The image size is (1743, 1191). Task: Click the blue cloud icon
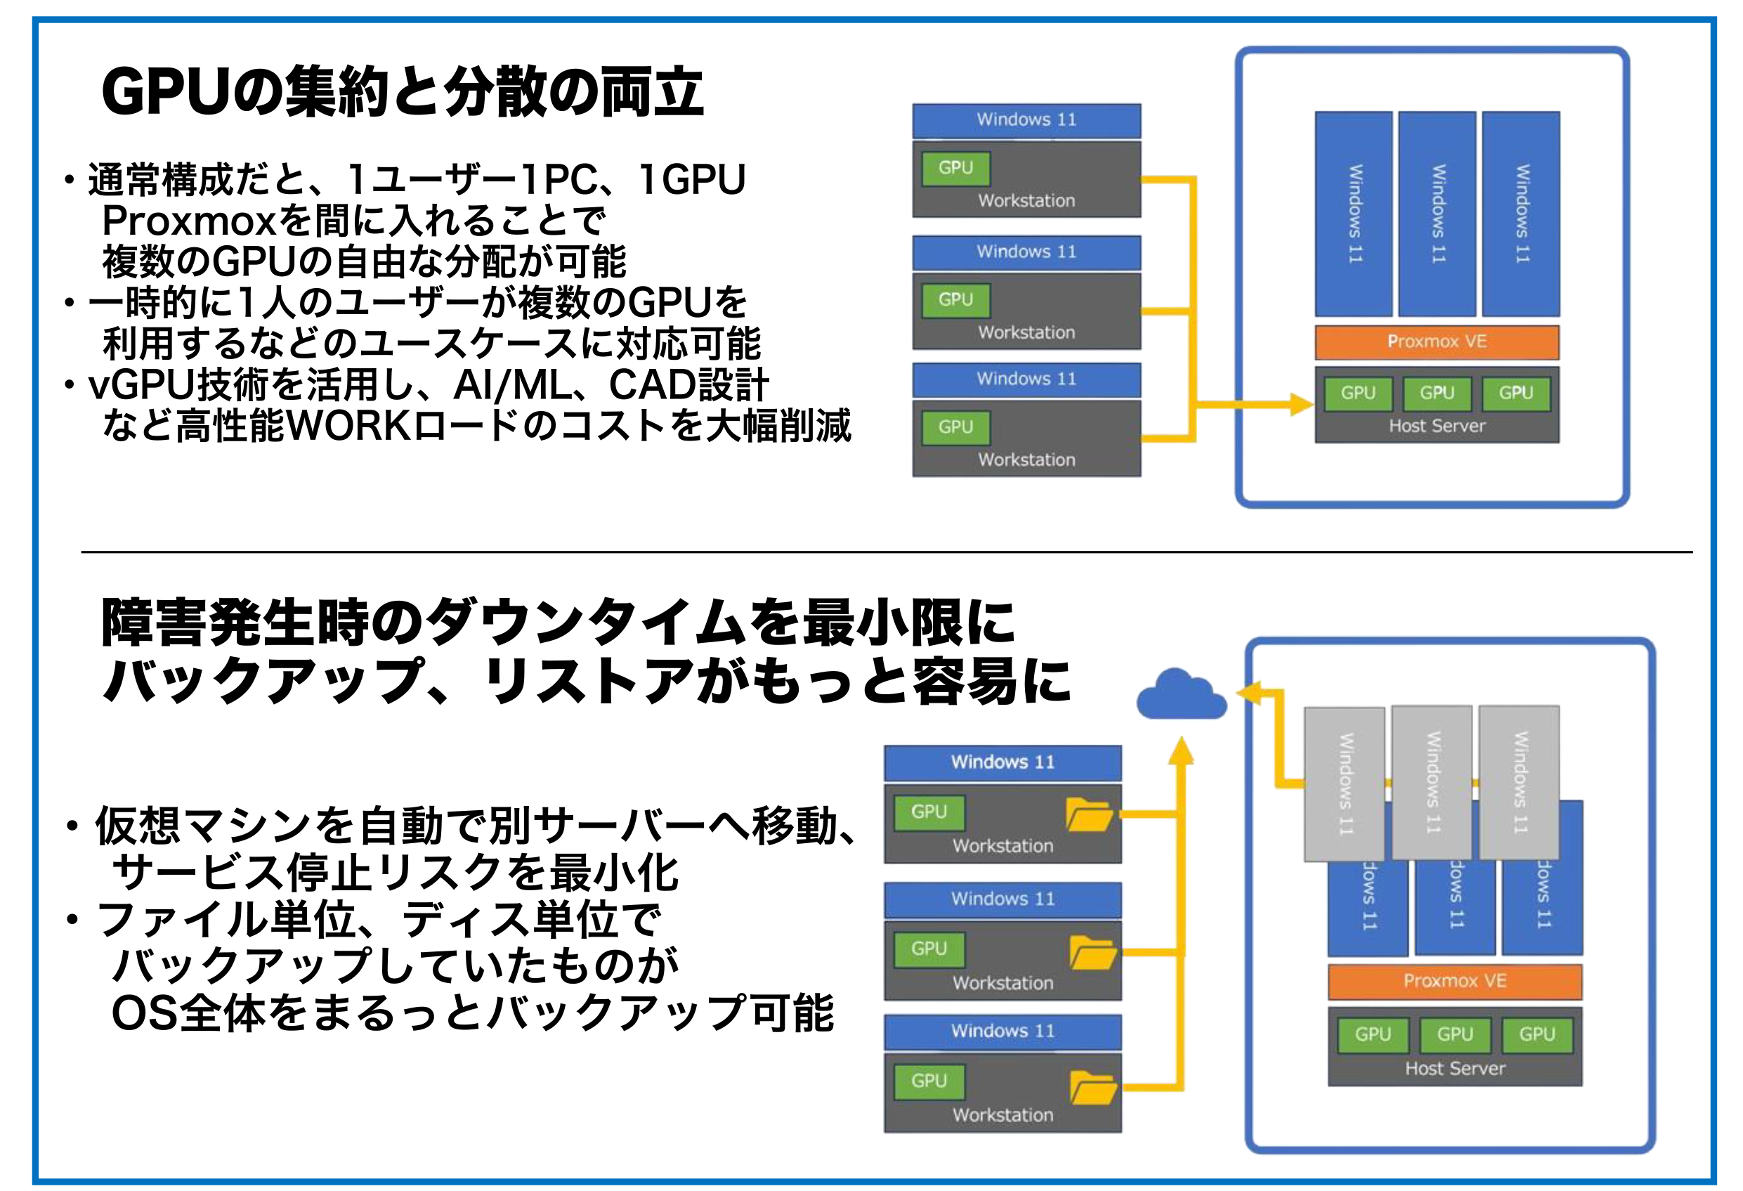(1181, 695)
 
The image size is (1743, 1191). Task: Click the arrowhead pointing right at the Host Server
(1300, 405)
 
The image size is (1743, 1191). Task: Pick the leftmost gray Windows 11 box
(1344, 783)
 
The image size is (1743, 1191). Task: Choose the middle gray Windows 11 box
(1431, 781)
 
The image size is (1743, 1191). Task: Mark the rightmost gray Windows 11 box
(1519, 781)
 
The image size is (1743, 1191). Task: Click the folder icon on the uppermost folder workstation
(1089, 815)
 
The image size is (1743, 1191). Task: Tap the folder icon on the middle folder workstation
(1092, 953)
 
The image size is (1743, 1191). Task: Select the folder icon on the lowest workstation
(1092, 1088)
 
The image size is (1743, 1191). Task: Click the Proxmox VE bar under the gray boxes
(1454, 981)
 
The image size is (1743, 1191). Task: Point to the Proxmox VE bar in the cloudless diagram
(1436, 342)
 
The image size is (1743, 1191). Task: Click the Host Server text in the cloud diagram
(1454, 1069)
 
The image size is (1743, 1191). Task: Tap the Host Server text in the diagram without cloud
(1436, 426)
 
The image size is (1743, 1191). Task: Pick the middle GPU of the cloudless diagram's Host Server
(1436, 393)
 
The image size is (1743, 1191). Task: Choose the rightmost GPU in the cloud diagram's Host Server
(1536, 1034)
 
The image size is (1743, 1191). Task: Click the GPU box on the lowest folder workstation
(929, 1081)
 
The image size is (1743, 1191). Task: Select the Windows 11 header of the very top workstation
(1026, 120)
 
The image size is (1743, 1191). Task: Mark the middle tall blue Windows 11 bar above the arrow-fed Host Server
(1437, 214)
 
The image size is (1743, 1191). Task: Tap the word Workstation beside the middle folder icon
(1003, 983)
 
